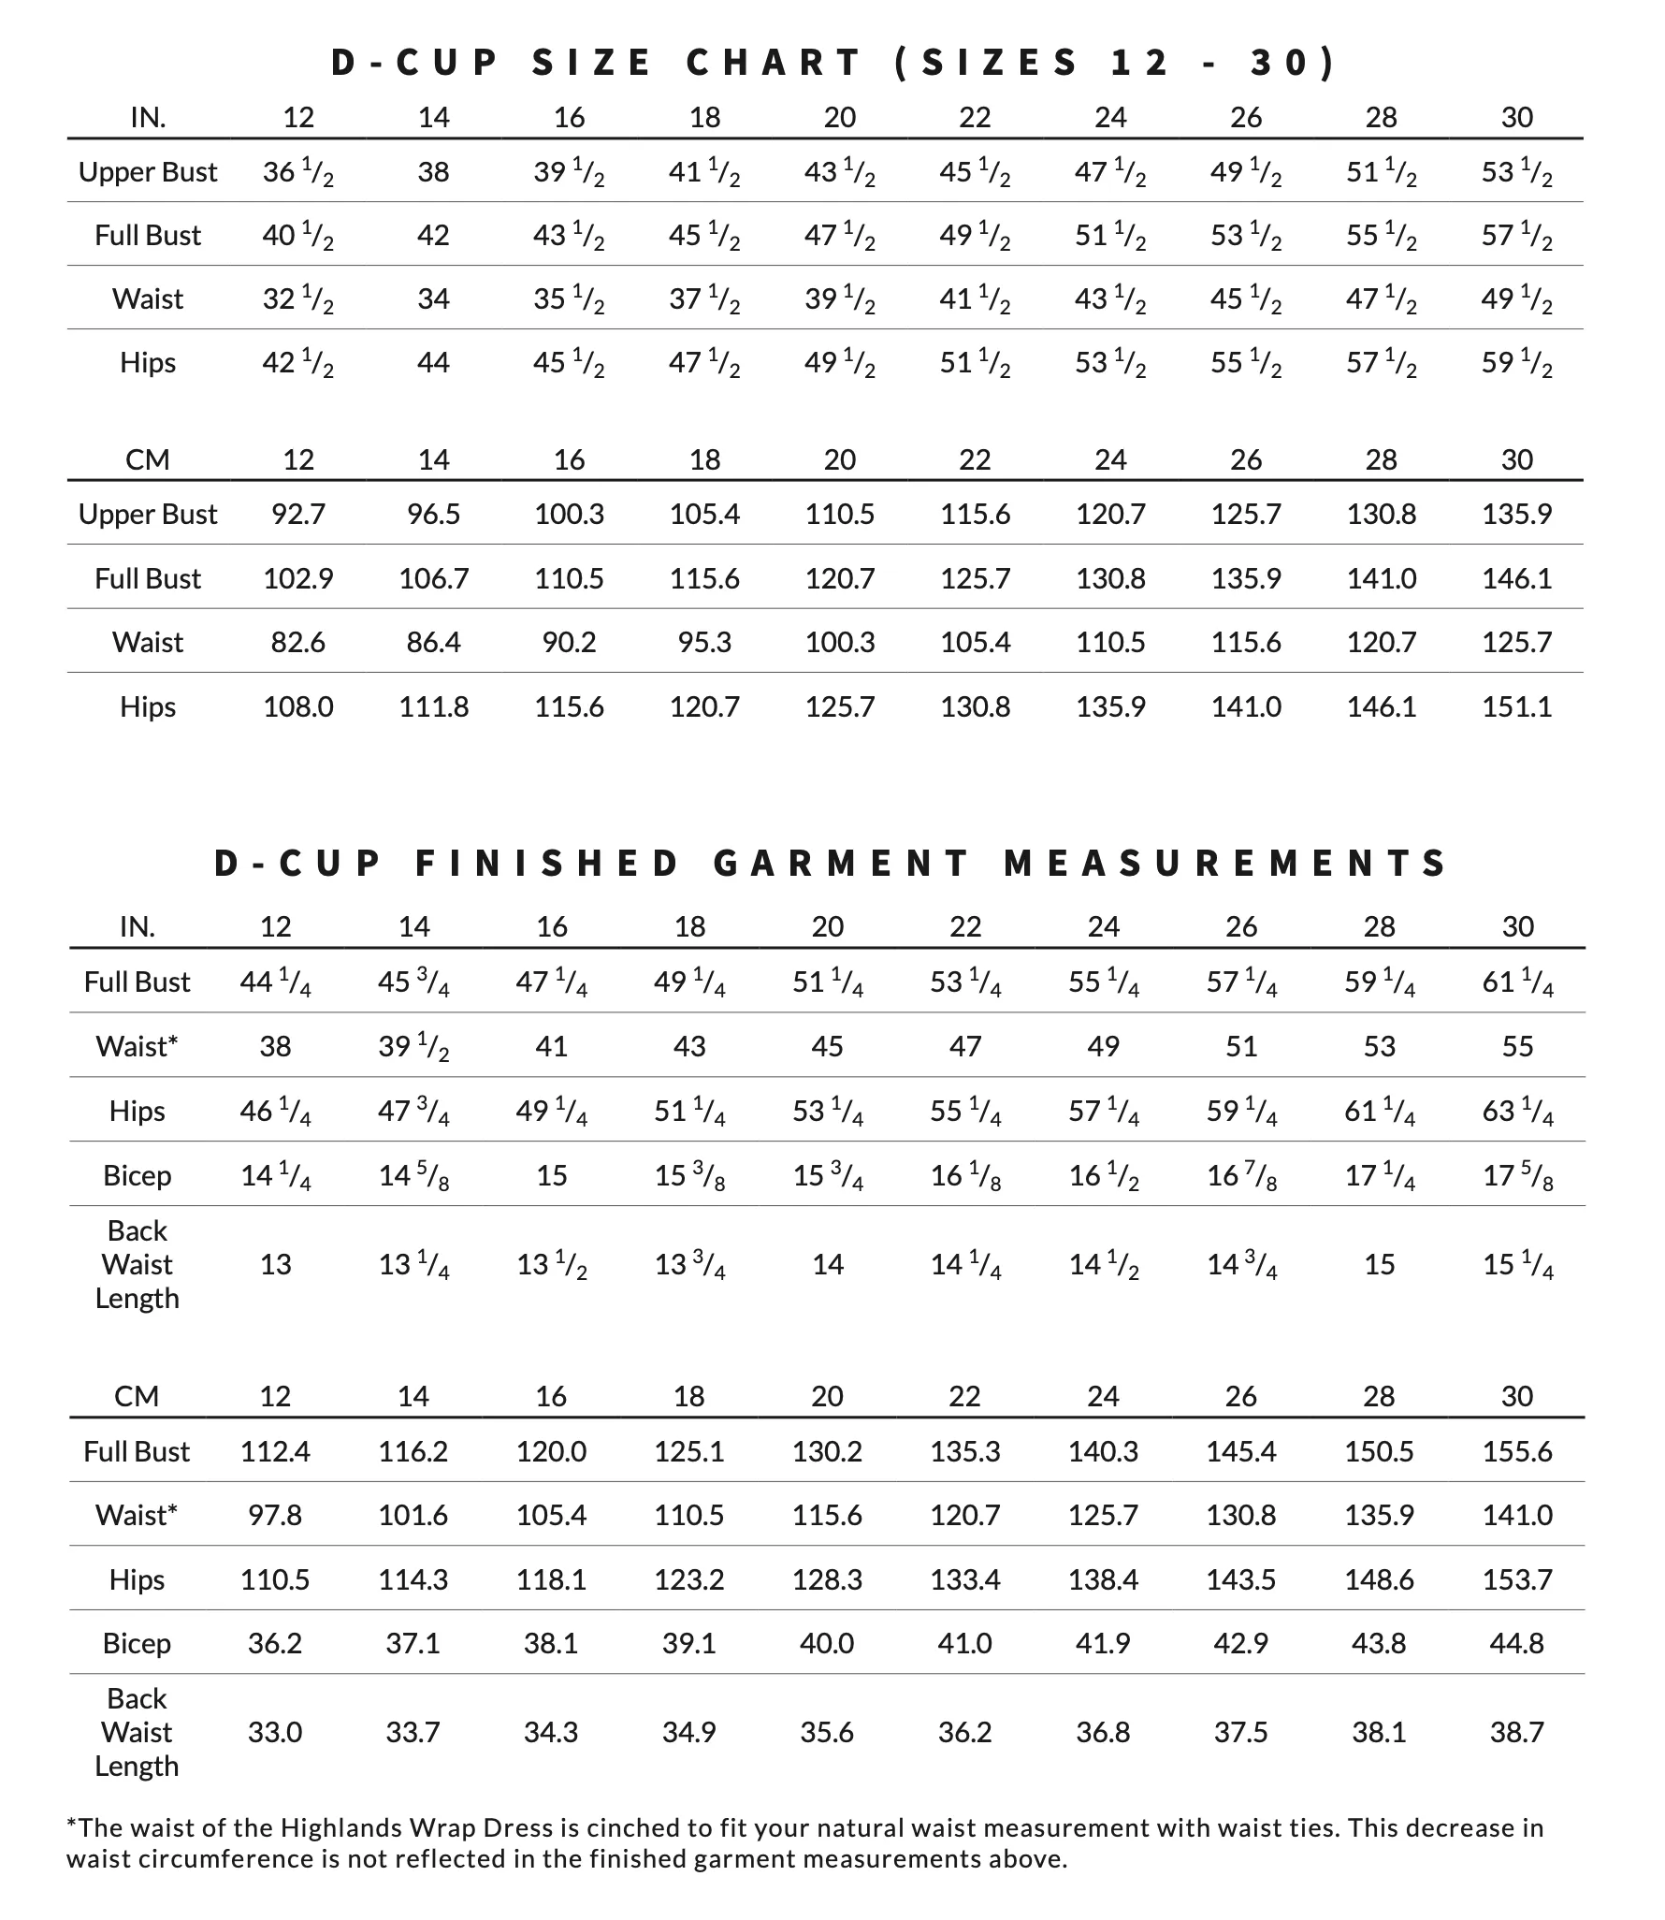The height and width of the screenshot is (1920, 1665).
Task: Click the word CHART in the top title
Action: pyautogui.click(x=774, y=63)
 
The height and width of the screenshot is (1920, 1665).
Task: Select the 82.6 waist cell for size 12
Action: pyautogui.click(x=297, y=642)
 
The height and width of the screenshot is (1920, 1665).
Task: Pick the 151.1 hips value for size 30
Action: pyautogui.click(x=1516, y=706)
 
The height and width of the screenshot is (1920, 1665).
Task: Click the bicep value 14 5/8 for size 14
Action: pyautogui.click(x=413, y=1175)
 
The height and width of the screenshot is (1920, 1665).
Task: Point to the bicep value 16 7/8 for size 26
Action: pyautogui.click(x=1241, y=1175)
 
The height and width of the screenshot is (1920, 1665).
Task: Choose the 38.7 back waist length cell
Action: pyautogui.click(x=1516, y=1732)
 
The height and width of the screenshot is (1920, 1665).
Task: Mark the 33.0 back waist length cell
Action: pyautogui.click(x=275, y=1732)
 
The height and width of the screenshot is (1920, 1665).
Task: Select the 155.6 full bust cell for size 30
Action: pyautogui.click(x=1516, y=1451)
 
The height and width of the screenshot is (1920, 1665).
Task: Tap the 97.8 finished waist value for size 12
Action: pyautogui.click(x=275, y=1515)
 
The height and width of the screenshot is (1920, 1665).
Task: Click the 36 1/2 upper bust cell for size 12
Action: pyautogui.click(x=297, y=172)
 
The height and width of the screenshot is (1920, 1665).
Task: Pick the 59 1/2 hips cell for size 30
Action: pyautogui.click(x=1516, y=363)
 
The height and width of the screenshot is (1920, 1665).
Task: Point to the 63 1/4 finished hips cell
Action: pyautogui.click(x=1516, y=1111)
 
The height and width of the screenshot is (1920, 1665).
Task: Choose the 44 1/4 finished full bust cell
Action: pyautogui.click(x=275, y=982)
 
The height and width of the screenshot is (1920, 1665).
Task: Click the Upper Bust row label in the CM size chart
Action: pyautogui.click(x=148, y=514)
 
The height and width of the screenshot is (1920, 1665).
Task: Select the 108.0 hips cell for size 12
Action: pyautogui.click(x=297, y=706)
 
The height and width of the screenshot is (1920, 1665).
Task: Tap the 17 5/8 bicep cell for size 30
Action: pyautogui.click(x=1516, y=1175)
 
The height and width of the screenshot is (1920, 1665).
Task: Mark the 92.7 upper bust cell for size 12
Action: pyautogui.click(x=297, y=514)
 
